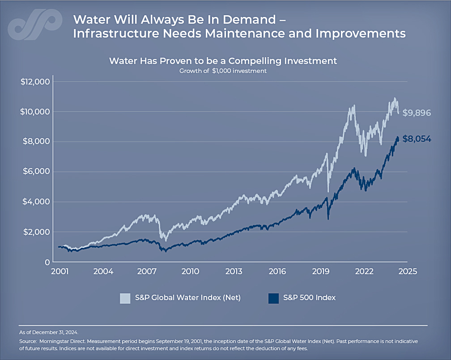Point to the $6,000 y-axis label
[x=35, y=172]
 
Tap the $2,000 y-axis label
[x=35, y=232]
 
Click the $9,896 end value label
[x=417, y=113]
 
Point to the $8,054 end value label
[x=417, y=139]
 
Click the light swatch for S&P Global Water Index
[x=125, y=298]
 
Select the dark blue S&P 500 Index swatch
[x=273, y=298]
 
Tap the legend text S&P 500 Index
[x=309, y=298]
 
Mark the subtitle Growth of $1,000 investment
[x=223, y=71]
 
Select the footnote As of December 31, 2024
[x=48, y=332]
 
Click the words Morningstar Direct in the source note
[x=61, y=341]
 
